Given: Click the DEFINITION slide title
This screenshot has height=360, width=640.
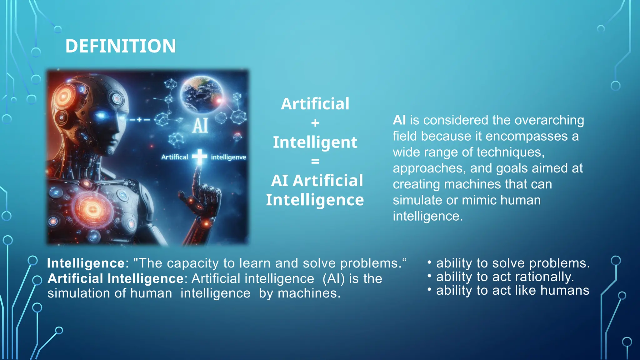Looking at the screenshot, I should pyautogui.click(x=121, y=46).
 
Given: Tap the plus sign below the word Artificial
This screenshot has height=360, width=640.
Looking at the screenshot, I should pyautogui.click(x=315, y=123).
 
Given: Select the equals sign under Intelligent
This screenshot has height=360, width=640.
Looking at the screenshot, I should pyautogui.click(x=315, y=161).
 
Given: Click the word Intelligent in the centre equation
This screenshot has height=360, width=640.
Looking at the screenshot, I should pyautogui.click(x=315, y=142).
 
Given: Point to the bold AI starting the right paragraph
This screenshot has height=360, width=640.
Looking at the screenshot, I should pyautogui.click(x=399, y=120).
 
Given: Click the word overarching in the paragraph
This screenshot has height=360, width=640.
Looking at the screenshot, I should pyautogui.click(x=549, y=120).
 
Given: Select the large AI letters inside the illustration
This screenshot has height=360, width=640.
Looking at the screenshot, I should pyautogui.click(x=200, y=126).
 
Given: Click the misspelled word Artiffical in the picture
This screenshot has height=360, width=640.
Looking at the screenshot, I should pyautogui.click(x=175, y=157).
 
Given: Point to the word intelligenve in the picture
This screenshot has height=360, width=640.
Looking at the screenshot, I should pyautogui.click(x=228, y=157).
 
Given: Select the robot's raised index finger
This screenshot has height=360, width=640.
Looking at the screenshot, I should pyautogui.click(x=197, y=178).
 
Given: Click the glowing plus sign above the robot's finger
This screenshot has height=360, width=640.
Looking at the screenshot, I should pyautogui.click(x=199, y=157).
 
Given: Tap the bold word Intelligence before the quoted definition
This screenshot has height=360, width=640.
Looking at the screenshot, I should pyautogui.click(x=86, y=263).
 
